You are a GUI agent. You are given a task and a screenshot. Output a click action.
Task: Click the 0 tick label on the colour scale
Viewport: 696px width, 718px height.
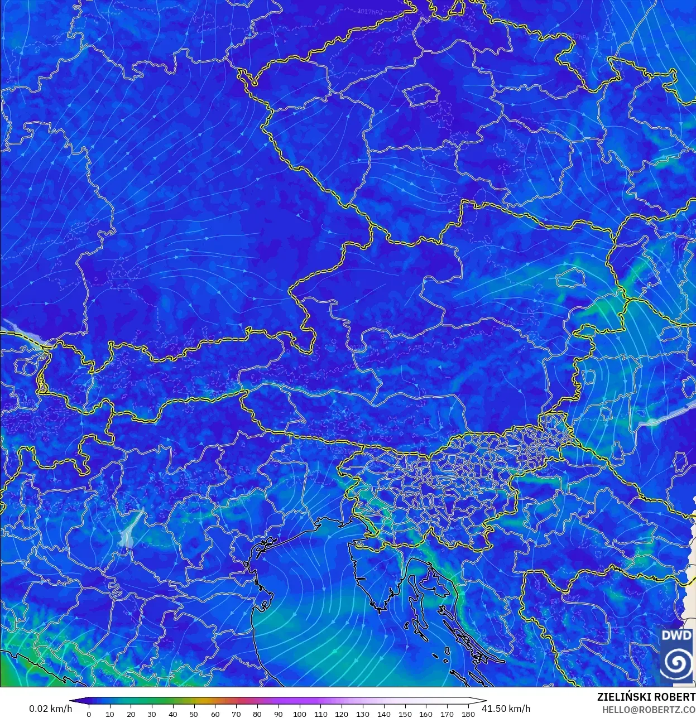(89, 714)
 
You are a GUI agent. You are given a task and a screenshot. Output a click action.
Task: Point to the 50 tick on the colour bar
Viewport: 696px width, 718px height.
(194, 714)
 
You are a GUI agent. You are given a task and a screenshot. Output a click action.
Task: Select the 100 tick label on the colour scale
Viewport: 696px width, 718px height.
(299, 714)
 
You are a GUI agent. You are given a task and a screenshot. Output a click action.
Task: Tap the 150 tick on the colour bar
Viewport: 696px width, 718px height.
(405, 714)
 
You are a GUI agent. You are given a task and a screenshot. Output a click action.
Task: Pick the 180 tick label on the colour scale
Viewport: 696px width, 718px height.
(468, 714)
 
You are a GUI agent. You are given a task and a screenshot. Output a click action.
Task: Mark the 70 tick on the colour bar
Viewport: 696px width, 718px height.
(236, 714)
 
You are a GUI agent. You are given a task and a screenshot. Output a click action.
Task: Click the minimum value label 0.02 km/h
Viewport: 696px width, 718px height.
(50, 709)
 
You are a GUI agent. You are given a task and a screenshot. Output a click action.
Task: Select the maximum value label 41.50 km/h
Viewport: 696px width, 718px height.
(506, 709)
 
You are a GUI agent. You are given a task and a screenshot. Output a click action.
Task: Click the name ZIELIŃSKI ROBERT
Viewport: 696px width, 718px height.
(646, 697)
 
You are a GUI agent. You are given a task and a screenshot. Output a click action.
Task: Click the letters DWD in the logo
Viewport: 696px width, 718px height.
(676, 635)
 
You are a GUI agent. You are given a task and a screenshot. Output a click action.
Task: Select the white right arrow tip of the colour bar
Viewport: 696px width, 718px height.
(483, 701)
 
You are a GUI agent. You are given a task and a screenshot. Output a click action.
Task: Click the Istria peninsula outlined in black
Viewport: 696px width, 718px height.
(371, 575)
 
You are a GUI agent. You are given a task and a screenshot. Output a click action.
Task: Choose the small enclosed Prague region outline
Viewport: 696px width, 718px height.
(422, 94)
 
